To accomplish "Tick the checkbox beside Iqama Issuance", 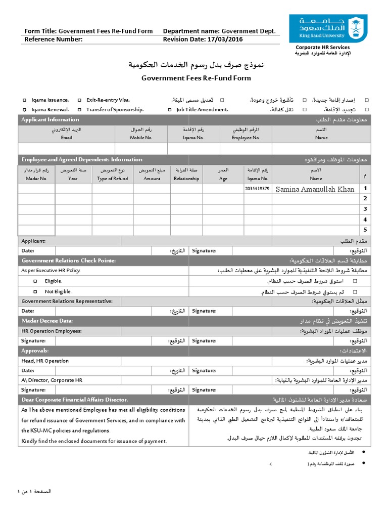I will pyautogui.click(x=25, y=100).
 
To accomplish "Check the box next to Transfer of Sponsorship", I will pyautogui.click(x=79, y=109).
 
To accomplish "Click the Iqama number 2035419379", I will pyautogui.click(x=257, y=189).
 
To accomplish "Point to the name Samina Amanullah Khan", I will pyautogui.click(x=316, y=189).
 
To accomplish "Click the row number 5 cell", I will pyautogui.click(x=365, y=229).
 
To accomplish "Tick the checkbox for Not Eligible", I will pyautogui.click(x=35, y=291).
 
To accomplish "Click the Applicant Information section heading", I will pyautogui.click(x=50, y=120).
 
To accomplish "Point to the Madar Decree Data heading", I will pyautogui.click(x=47, y=321).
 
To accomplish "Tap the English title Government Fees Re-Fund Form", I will pyautogui.click(x=196, y=78).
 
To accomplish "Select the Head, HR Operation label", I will pyautogui.click(x=45, y=361).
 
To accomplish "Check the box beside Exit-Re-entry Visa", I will pyautogui.click(x=79, y=100).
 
